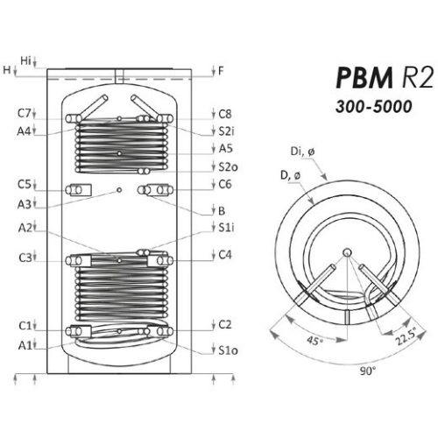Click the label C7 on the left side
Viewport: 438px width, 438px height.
point(24,114)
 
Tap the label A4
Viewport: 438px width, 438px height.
point(24,131)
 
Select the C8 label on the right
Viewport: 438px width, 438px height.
point(225,114)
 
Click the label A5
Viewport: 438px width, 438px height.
point(225,148)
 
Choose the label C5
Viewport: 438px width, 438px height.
point(24,185)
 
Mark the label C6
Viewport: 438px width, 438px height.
point(225,185)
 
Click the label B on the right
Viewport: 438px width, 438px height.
point(222,210)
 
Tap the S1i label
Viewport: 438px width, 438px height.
point(226,228)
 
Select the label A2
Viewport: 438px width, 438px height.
point(24,228)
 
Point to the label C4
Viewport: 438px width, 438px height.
point(225,255)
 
